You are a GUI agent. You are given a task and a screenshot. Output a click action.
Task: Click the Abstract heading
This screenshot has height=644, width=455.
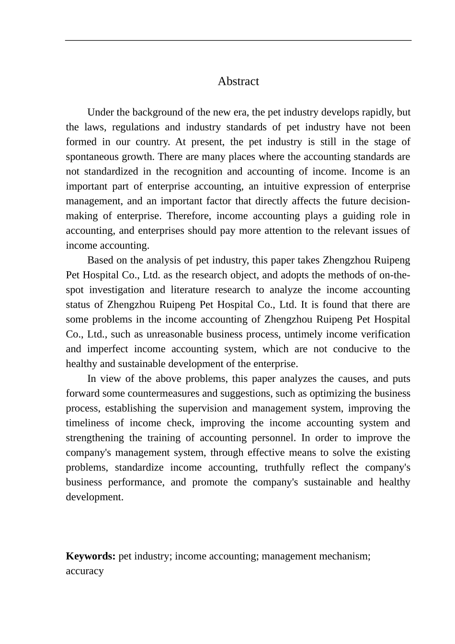click(x=238, y=81)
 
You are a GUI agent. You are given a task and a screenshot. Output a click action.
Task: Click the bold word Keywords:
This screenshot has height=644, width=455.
click(x=91, y=556)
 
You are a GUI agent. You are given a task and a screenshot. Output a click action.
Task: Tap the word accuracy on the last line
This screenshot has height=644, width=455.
click(x=85, y=571)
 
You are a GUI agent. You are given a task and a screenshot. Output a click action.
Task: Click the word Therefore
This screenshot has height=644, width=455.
click(x=189, y=216)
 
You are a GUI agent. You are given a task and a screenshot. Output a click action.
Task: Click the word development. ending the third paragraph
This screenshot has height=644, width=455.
click(x=95, y=497)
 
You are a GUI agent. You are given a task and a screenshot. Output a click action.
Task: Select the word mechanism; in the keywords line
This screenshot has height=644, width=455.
click(x=343, y=556)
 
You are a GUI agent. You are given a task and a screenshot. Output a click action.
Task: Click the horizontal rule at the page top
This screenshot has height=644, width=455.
click(x=238, y=41)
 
